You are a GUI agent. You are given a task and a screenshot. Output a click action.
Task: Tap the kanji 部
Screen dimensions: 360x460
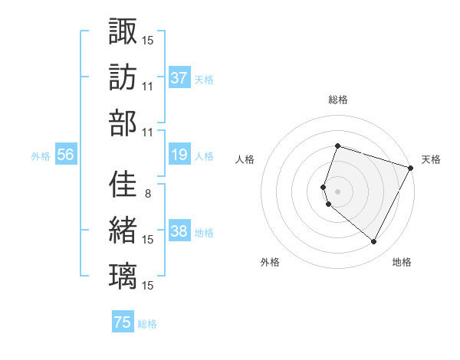coord(123,123)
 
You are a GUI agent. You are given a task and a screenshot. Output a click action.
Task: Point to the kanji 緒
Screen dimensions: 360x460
coord(123,230)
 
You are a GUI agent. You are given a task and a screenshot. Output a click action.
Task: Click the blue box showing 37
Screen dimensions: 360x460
coord(179,78)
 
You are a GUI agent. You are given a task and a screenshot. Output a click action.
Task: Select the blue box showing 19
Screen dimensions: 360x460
coord(179,155)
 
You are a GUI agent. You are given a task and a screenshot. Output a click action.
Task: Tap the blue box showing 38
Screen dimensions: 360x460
coord(179,232)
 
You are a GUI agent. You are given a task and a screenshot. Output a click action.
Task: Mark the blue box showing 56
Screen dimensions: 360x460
coord(65,155)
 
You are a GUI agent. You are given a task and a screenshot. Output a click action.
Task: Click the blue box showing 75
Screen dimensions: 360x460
coord(123,322)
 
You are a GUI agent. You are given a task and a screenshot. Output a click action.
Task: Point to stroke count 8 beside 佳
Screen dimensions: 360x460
coord(147,193)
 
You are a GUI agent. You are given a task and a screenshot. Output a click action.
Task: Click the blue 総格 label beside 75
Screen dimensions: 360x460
coord(147,324)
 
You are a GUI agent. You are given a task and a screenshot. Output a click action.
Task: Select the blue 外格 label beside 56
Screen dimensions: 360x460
coord(41,156)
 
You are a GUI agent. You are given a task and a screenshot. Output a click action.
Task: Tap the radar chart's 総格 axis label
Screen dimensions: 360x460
coord(337,100)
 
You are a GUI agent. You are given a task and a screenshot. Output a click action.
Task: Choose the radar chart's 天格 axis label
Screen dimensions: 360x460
coord(431,159)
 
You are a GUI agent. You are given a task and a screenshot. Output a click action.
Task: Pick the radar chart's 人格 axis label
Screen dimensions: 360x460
coord(245,159)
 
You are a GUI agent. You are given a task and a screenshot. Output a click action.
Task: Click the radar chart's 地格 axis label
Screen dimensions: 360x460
coord(402,262)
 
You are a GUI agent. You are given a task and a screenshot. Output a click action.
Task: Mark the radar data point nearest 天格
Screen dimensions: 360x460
coord(410,168)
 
